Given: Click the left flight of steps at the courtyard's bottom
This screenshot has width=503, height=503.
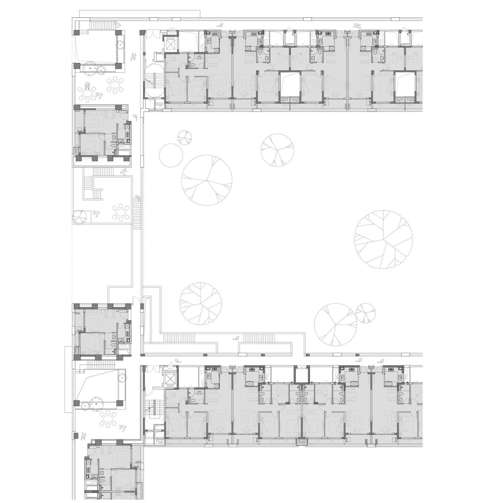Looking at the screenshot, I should click(179, 338).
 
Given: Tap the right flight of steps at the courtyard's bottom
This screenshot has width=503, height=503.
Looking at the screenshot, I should click(258, 338).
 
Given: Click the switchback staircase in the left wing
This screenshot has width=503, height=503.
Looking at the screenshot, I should click(94, 188).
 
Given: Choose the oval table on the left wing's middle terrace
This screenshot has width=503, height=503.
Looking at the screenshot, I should click(121, 213).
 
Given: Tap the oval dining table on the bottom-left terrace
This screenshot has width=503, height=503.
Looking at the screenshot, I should click(108, 419).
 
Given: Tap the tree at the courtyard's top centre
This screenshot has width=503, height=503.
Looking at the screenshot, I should click(277, 150).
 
